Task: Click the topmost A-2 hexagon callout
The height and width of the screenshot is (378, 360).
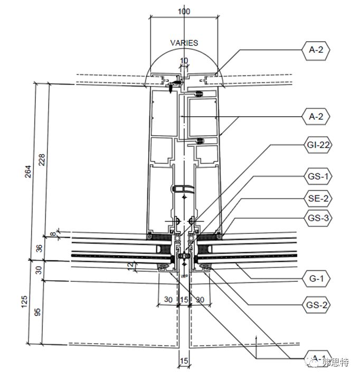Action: pyautogui.click(x=316, y=51)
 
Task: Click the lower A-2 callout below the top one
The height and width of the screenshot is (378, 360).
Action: pyautogui.click(x=316, y=116)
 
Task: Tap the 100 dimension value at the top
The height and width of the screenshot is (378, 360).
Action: pyautogui.click(x=183, y=11)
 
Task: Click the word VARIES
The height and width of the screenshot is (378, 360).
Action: pyautogui.click(x=184, y=43)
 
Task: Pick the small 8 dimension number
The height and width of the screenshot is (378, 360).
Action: pyautogui.click(x=52, y=234)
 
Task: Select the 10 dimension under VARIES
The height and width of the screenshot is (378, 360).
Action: pyautogui.click(x=184, y=61)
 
